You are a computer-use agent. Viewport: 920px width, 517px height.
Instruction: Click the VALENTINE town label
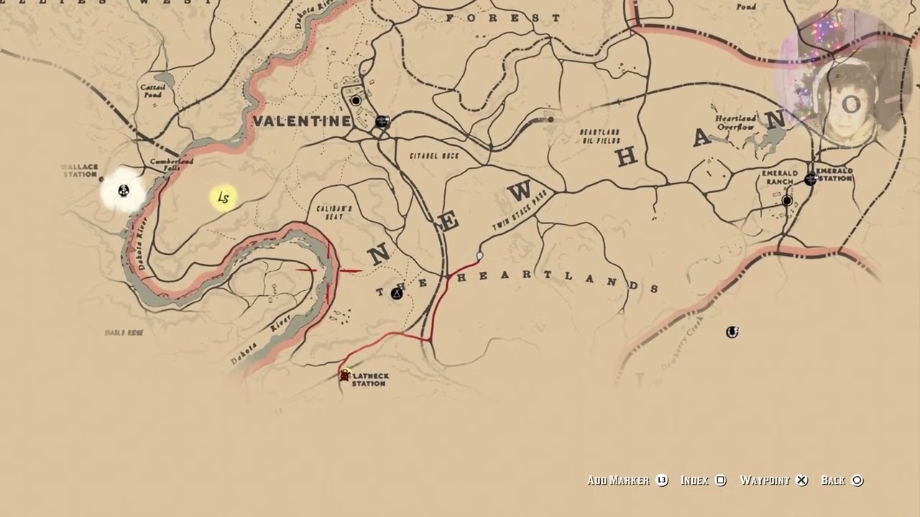point(302,121)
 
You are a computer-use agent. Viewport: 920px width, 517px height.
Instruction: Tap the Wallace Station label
point(79,171)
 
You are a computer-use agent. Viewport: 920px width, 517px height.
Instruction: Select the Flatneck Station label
point(369,380)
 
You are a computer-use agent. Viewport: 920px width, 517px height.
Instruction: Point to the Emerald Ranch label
point(779,177)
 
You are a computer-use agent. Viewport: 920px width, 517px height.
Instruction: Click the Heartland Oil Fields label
point(599,136)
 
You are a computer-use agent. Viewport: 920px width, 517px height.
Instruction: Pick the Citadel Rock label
point(433,156)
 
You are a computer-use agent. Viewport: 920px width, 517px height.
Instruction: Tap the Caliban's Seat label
point(334,213)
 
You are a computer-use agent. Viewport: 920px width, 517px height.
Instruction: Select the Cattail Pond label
point(152,91)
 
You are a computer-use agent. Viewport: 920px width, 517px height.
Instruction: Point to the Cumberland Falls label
point(172,164)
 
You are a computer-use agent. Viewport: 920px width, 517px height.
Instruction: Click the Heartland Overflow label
point(735,122)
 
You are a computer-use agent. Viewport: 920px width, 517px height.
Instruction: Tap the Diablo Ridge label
point(124,333)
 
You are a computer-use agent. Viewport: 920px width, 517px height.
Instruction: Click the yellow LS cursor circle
point(223,198)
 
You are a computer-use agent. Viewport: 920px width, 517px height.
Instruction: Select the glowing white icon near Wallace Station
point(124,190)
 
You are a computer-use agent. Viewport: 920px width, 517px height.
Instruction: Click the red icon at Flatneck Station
point(345,376)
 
